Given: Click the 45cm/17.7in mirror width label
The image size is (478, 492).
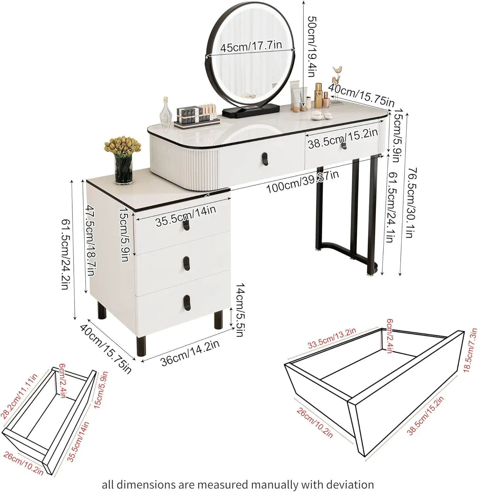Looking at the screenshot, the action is click(x=251, y=46).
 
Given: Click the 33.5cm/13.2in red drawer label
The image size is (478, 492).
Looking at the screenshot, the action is click(x=332, y=338).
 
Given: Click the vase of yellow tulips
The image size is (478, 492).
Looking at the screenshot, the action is click(x=122, y=160).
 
